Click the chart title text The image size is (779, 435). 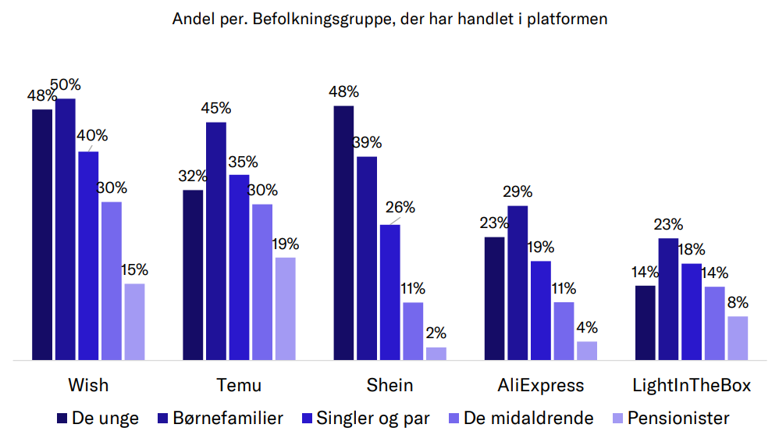point(389,20)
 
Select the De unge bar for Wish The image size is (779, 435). point(42,234)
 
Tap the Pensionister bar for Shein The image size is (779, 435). point(436,354)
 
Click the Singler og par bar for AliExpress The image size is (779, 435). point(541,310)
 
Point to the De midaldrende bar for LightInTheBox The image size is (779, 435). point(715,323)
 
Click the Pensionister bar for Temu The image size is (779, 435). point(286,308)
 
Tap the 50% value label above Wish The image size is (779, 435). point(66,85)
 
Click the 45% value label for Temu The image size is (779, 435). point(216,109)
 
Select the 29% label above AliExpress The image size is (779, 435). point(518,192)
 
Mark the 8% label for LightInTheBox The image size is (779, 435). point(738,302)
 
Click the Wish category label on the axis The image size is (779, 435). point(88,386)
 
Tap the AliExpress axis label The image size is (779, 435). point(541,386)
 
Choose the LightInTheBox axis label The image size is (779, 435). point(692,386)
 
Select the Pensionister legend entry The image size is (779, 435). point(678,418)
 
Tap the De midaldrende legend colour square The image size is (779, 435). point(454,419)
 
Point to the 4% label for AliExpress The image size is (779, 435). point(587,327)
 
